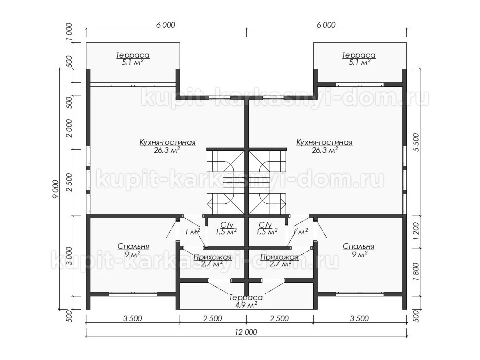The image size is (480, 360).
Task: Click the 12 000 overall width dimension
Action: coord(246,332)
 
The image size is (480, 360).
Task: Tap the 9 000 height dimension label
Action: coord(56,189)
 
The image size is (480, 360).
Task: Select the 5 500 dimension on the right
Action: coord(416,142)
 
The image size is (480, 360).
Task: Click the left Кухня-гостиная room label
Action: coord(168,142)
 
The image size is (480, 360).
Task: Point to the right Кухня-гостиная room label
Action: coord(324,142)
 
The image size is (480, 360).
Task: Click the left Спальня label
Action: coord(133,246)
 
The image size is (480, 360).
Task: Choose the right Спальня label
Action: coord(358,246)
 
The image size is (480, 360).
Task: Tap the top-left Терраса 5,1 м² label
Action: coord(133,58)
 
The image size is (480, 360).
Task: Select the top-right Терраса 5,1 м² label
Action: coord(359,58)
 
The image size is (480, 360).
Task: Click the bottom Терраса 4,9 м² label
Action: coord(246,301)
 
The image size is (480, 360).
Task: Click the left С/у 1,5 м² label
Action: coord(226,228)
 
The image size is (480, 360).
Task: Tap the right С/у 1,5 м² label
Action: coord(267,228)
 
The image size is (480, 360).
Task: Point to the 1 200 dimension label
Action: coord(416,232)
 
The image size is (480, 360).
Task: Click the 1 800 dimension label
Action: coord(416,272)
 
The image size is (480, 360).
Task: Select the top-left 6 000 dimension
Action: coord(166,25)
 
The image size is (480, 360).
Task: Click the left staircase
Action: coord(226,182)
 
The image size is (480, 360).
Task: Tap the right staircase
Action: coord(267,182)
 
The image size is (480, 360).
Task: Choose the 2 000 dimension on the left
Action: coord(69,128)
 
